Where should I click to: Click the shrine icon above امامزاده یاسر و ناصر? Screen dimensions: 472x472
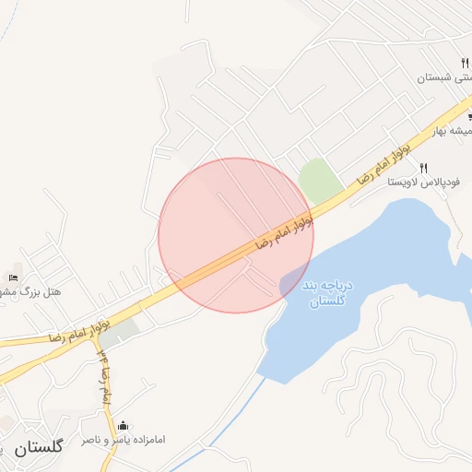point(124,425)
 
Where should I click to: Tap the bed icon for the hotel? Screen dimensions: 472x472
point(13,277)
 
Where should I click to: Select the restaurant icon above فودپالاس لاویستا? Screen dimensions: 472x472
point(424,168)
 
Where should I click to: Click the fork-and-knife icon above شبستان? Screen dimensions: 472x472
point(466,64)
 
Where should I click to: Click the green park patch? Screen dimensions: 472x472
point(318,180)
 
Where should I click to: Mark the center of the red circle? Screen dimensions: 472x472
point(236,235)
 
